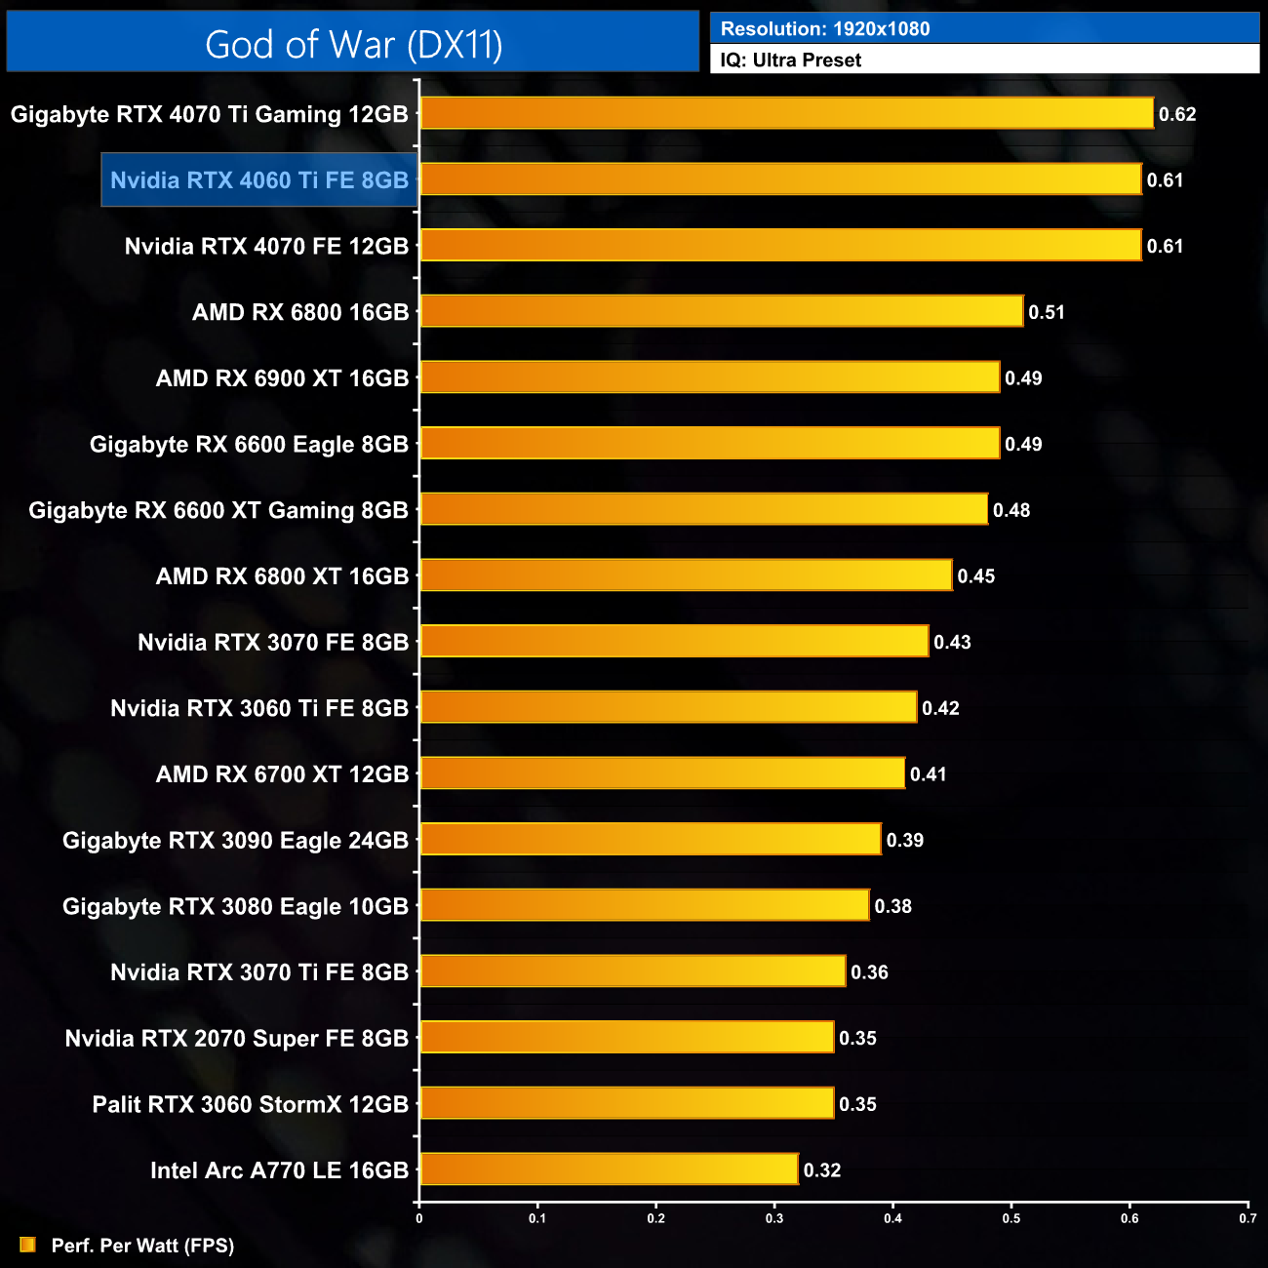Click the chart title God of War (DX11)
pos(353,45)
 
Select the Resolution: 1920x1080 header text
pos(825,29)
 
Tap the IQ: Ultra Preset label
pos(791,60)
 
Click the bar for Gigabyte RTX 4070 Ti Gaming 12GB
pos(786,113)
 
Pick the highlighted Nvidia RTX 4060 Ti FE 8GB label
pos(259,180)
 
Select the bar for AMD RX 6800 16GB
pos(722,311)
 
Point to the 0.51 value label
pos(1047,313)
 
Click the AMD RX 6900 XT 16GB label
pos(282,378)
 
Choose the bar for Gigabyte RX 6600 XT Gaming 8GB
pos(703,509)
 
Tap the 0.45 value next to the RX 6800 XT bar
pos(976,576)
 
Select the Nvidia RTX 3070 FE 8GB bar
pos(674,641)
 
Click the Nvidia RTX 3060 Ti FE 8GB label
pos(259,708)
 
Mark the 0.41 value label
pos(929,774)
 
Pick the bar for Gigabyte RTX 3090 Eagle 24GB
pos(651,839)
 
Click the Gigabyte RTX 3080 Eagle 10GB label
pos(235,907)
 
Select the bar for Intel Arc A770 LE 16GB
pos(609,1169)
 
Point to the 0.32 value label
pos(822,1170)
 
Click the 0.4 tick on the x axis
pos(892,1218)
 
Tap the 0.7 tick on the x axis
pos(1248,1218)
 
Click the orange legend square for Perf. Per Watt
pos(27,1245)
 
